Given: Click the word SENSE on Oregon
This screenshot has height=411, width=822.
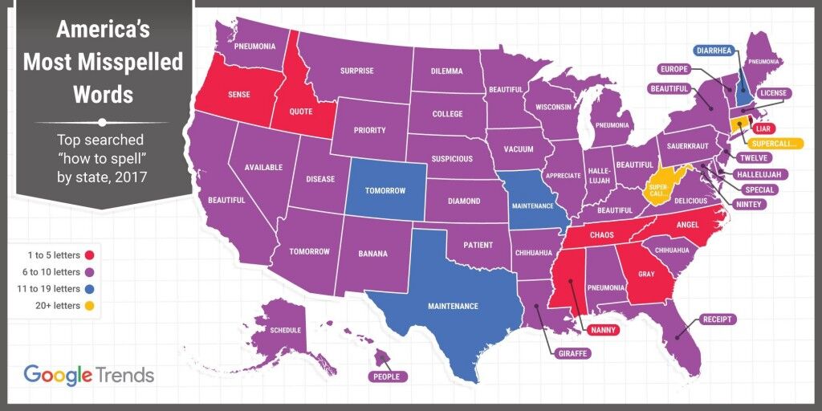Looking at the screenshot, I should pyautogui.click(x=238, y=95).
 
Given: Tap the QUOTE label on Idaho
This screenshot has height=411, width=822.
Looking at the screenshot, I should pyautogui.click(x=302, y=112).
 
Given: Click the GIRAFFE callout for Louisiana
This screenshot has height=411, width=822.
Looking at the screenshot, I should pyautogui.click(x=572, y=352).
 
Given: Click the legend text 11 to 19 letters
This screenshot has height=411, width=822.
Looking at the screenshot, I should pyautogui.click(x=52, y=289).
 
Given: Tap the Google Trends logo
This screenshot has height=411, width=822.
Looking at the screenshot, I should pyautogui.click(x=88, y=374).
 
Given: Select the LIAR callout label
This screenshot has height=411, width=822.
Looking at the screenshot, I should pyautogui.click(x=763, y=128).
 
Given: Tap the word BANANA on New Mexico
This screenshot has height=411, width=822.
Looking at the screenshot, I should pyautogui.click(x=373, y=254).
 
